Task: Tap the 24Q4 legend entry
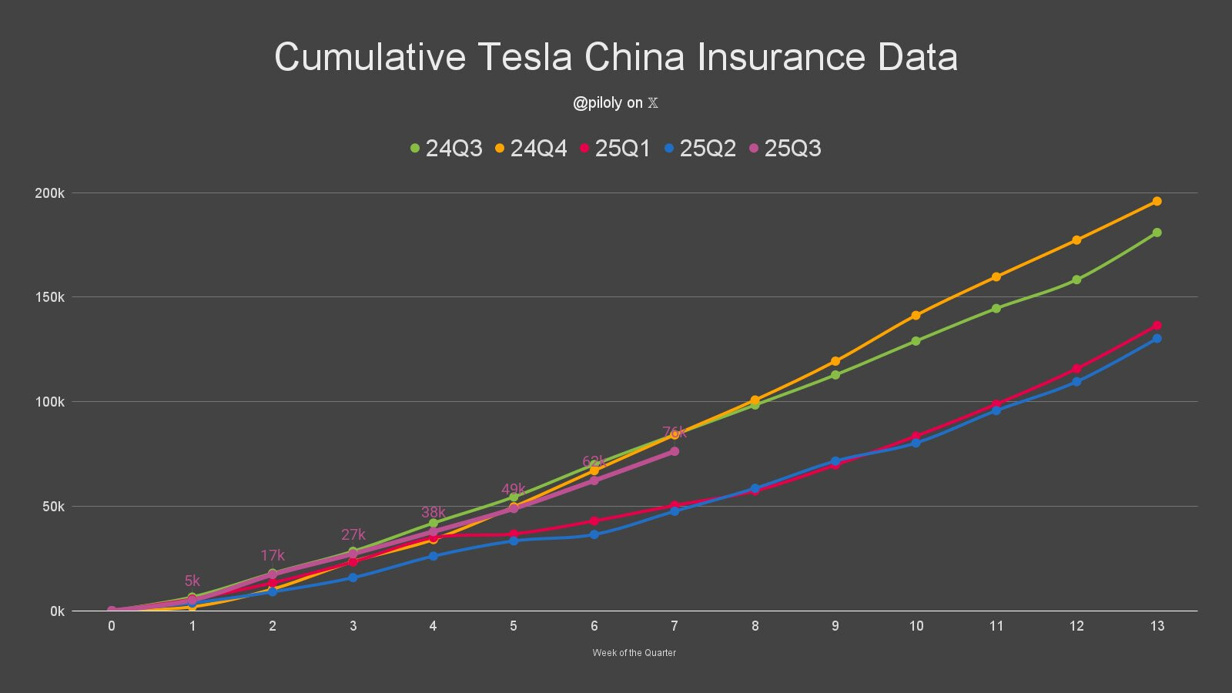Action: (x=531, y=148)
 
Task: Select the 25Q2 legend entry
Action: (x=700, y=148)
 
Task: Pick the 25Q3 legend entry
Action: (x=785, y=148)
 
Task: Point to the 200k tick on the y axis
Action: (x=49, y=193)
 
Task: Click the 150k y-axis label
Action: (x=49, y=297)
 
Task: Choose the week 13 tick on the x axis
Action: (x=1157, y=626)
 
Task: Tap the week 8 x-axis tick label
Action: (x=755, y=626)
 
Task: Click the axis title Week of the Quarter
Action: (x=634, y=652)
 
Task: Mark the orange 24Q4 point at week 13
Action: (x=1157, y=201)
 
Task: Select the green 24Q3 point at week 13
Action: (x=1157, y=233)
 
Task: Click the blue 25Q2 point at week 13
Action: (x=1157, y=339)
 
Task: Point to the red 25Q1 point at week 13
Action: (x=1157, y=326)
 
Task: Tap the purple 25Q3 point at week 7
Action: (x=675, y=451)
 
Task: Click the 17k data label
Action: (x=273, y=555)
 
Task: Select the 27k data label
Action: (x=353, y=534)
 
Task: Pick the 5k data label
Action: (x=192, y=581)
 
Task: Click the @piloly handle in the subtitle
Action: (x=596, y=103)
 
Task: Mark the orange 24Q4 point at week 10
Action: (x=916, y=316)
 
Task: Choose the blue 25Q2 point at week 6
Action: (x=594, y=534)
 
